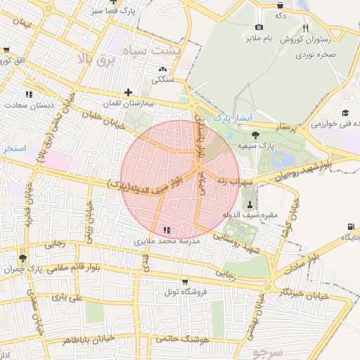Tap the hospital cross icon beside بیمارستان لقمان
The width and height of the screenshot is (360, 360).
[x=127, y=92]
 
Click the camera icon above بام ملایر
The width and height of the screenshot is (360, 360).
[x=259, y=27]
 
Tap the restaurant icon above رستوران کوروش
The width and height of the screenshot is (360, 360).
[x=305, y=28]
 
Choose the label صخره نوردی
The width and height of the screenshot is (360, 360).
[x=314, y=53]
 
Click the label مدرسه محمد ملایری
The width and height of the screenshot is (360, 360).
[x=167, y=240]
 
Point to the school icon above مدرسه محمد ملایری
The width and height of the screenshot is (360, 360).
[x=167, y=230]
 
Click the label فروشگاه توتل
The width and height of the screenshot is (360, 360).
[x=182, y=291]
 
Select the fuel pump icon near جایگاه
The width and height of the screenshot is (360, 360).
[x=350, y=226]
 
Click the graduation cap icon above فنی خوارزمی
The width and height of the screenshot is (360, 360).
[x=345, y=113]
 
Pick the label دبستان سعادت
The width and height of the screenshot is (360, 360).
[x=29, y=105]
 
